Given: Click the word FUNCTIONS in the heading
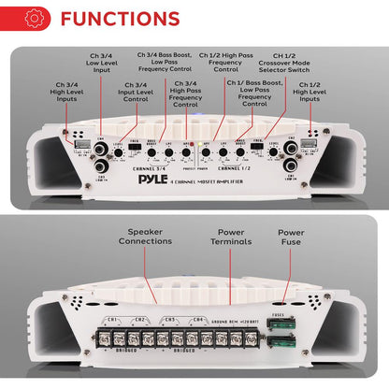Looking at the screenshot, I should (x=119, y=19).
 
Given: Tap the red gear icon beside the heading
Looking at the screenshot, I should (x=36, y=19).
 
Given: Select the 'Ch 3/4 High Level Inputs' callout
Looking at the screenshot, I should (x=69, y=97).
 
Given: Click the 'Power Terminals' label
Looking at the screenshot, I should (x=223, y=242).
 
